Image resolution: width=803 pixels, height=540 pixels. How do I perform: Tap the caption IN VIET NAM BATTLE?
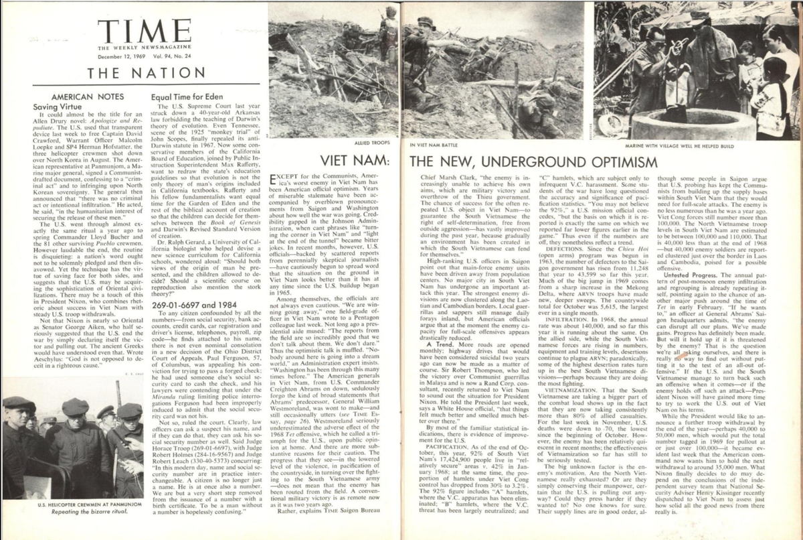coord(434,143)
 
